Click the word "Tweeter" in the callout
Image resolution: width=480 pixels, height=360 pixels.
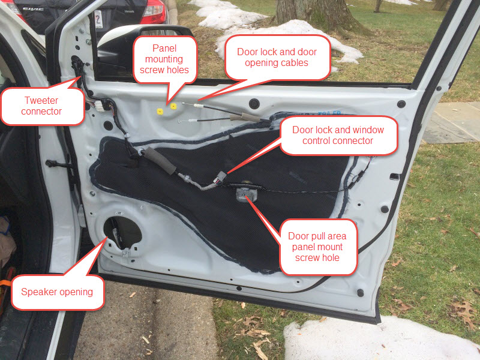click(41, 100)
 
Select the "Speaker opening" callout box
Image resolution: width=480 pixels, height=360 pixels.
click(57, 292)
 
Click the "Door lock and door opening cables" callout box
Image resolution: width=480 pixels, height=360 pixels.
click(277, 58)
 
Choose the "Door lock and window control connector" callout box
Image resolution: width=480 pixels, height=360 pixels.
click(338, 136)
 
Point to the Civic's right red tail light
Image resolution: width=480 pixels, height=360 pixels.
click(154, 8)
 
